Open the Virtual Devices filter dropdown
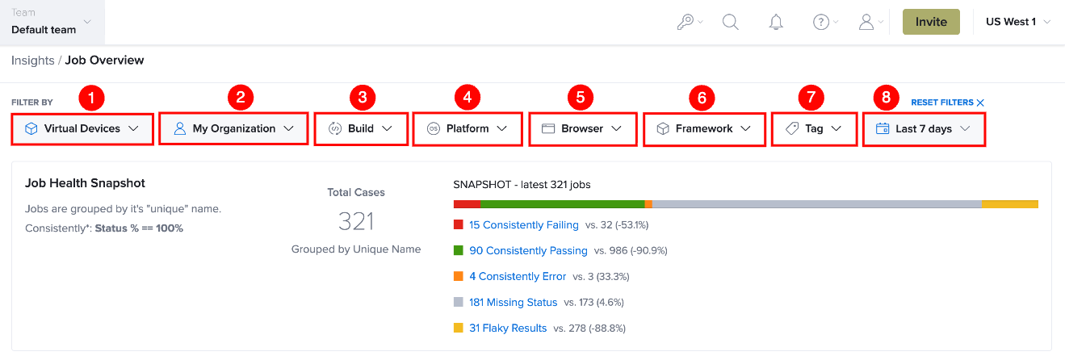(82, 129)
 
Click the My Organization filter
(233, 128)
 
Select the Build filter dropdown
(361, 129)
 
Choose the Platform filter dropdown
(468, 129)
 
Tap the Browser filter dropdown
(582, 129)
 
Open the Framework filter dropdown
(704, 129)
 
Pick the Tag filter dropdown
(814, 129)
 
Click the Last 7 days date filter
(924, 129)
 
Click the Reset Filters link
(947, 103)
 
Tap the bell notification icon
(776, 22)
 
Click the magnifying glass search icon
(730, 22)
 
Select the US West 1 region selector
(1017, 22)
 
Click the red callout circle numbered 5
(580, 98)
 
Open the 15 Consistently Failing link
(523, 225)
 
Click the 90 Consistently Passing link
(528, 250)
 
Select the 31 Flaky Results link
(508, 329)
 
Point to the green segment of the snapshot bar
(563, 204)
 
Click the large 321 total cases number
(356, 221)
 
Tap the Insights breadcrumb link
(33, 61)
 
